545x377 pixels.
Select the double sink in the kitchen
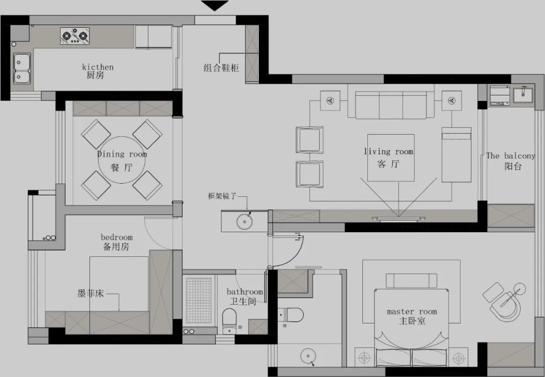[x=21, y=69]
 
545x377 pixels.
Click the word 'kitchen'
[x=97, y=67]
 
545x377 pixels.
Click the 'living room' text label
[x=388, y=151]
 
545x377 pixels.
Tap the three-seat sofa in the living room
[x=391, y=105]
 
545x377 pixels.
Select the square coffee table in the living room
[x=391, y=157]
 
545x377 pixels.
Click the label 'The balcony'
[x=510, y=156]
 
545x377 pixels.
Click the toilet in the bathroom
[x=230, y=319]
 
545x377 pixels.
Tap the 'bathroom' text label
[x=245, y=292]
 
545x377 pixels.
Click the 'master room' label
[x=412, y=311]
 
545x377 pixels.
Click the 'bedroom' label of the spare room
[x=117, y=237]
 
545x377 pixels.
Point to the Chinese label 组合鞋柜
[x=221, y=68]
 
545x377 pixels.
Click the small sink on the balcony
[x=523, y=93]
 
